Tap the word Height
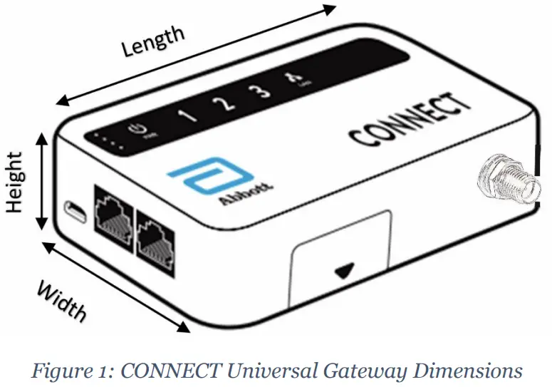coord(15,181)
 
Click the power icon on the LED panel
coord(139,130)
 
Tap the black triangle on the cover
coord(345,272)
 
